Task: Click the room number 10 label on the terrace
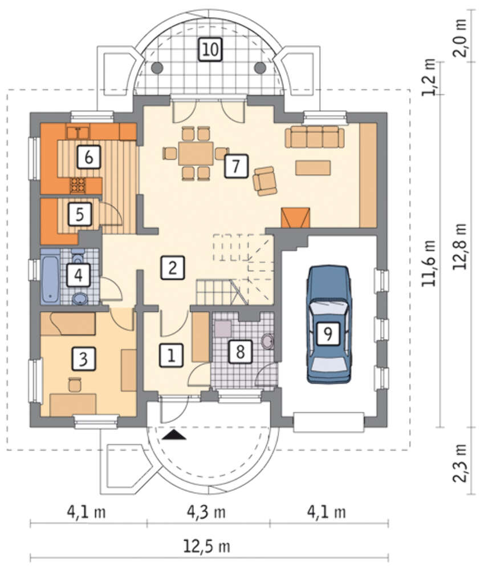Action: (210, 49)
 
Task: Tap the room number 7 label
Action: (237, 166)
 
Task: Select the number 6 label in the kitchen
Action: (89, 157)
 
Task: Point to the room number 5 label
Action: (80, 214)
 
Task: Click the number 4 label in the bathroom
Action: (78, 275)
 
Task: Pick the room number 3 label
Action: (84, 359)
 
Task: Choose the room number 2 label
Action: (173, 268)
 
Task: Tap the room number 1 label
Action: (171, 355)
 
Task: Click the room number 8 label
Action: (240, 351)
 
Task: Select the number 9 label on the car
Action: (328, 333)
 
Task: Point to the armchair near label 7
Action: (265, 180)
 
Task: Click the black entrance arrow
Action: (174, 435)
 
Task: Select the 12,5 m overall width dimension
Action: (206, 546)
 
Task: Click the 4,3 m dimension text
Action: (206, 512)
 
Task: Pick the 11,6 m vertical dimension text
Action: (429, 263)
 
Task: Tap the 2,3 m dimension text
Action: (459, 463)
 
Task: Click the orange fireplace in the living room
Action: (295, 218)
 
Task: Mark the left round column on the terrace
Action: (157, 67)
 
